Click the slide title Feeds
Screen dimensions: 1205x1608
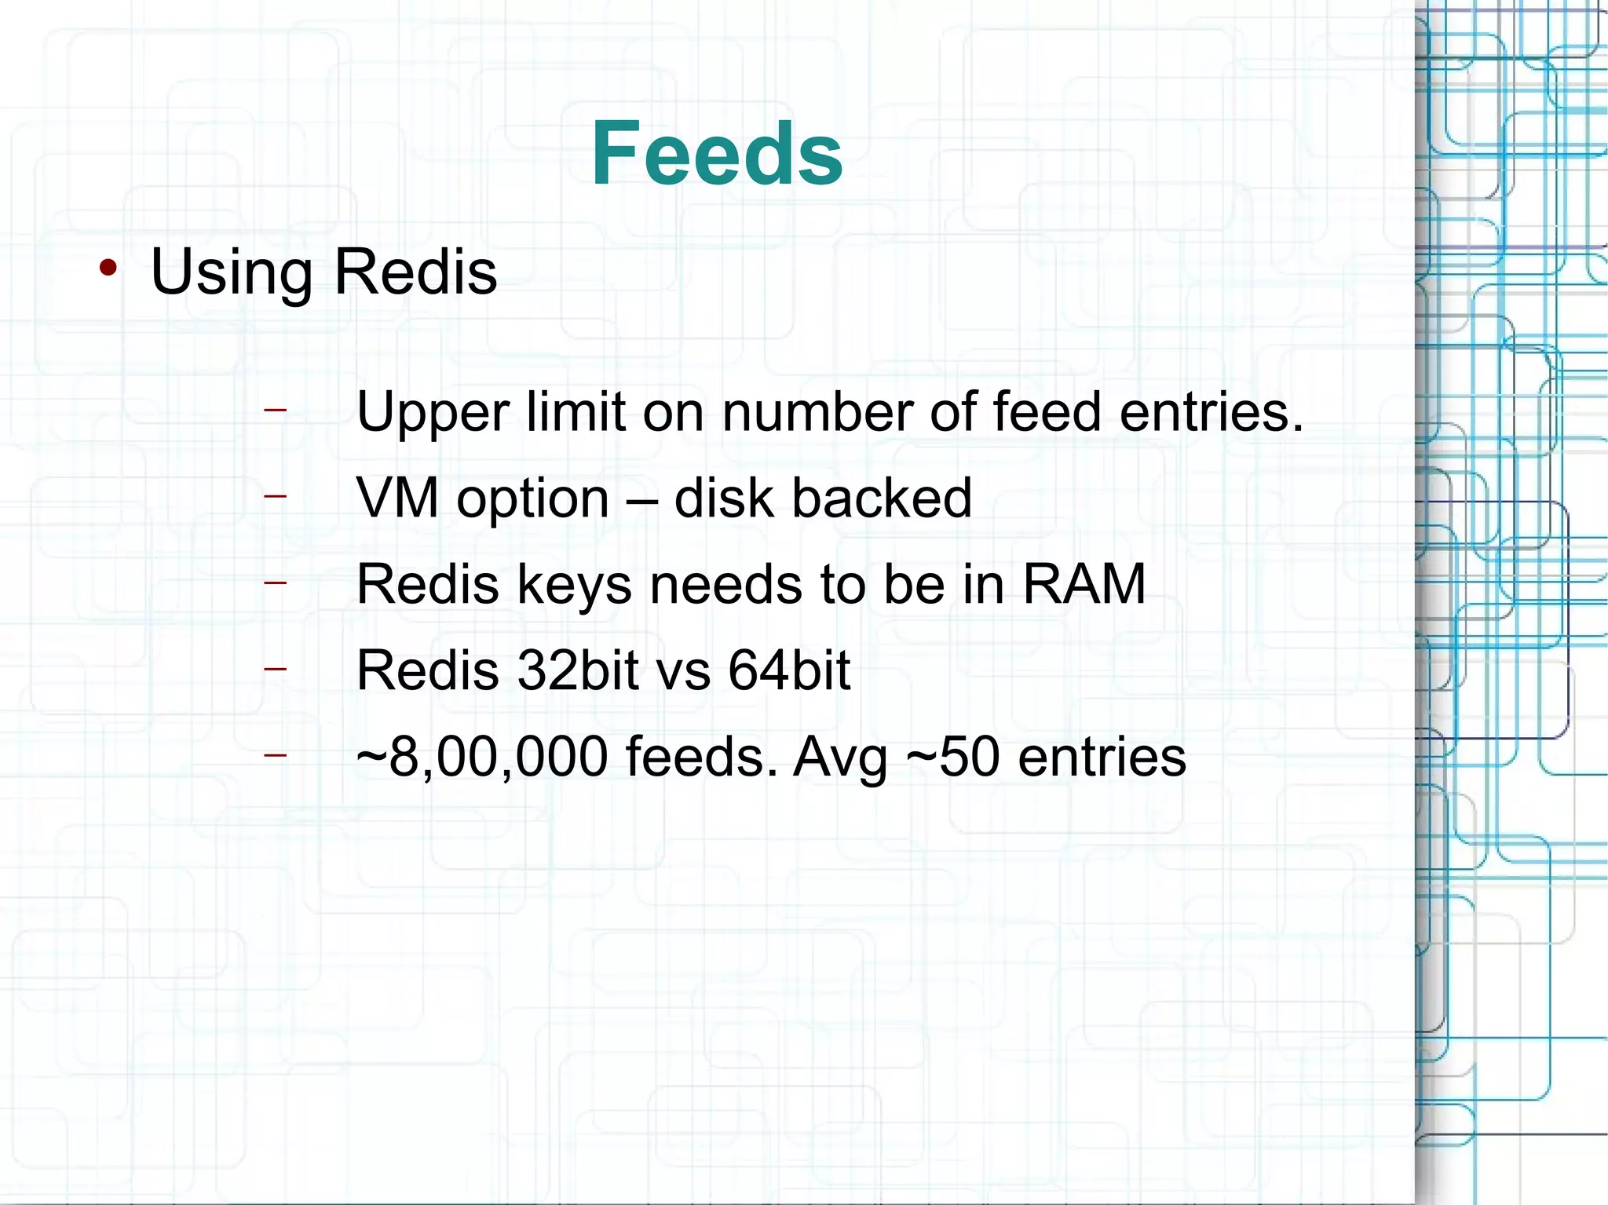pos(717,154)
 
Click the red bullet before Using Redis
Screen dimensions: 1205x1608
pos(108,268)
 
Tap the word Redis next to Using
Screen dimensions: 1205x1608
pos(415,272)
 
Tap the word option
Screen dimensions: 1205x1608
pos(533,500)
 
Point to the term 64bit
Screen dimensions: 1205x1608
pos(789,670)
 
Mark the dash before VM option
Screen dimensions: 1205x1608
pos(275,495)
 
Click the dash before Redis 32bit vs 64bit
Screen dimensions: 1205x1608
pos(275,668)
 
